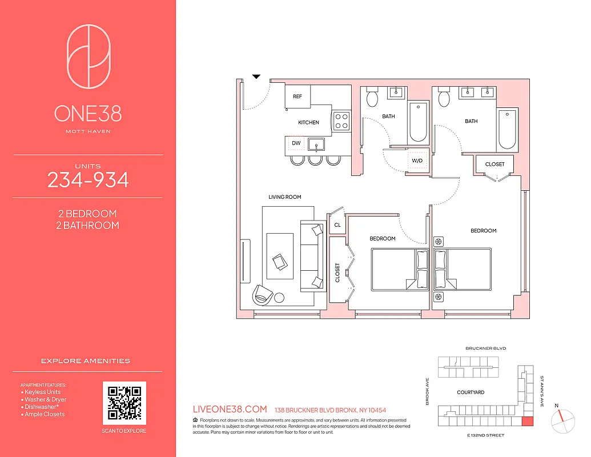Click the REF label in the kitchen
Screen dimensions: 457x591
pos(297,97)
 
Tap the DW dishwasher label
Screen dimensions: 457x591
pos(296,143)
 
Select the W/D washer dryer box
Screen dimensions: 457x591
pos(417,161)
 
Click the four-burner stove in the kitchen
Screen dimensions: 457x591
pos(341,120)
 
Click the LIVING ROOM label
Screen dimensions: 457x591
pos(284,197)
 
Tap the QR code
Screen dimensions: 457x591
pos(124,403)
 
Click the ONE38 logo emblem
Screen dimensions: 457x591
pos(88,57)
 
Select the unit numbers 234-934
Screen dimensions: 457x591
pos(88,181)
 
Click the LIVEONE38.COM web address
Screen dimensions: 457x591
pos(231,410)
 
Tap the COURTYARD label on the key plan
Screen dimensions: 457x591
pos(471,392)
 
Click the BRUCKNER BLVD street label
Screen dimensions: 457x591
pos(486,348)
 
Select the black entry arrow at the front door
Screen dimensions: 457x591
pos(256,76)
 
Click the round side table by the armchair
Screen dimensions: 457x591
pos(279,297)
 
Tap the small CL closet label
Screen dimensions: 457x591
pos(337,225)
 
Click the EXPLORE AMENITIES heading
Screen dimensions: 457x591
pos(86,361)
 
